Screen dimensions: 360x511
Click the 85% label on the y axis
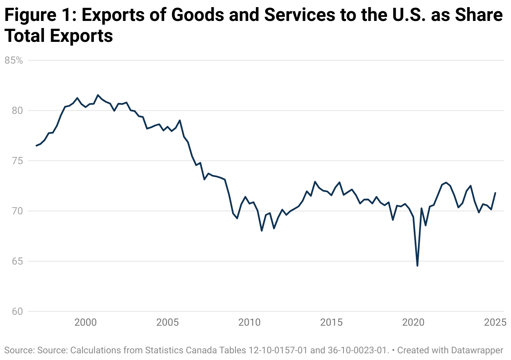pyautogui.click(x=13, y=60)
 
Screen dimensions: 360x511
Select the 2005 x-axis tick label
pyautogui.click(x=168, y=323)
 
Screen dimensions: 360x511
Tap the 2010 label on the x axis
pyautogui.click(x=250, y=323)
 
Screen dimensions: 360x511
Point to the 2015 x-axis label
pyautogui.click(x=331, y=323)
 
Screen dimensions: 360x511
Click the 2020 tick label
pyautogui.click(x=413, y=323)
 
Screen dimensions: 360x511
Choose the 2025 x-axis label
pyautogui.click(x=495, y=323)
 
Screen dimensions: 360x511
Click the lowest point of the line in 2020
pyautogui.click(x=417, y=266)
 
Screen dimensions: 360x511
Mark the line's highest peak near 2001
pyautogui.click(x=98, y=95)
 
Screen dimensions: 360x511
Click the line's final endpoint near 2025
pyautogui.click(x=496, y=193)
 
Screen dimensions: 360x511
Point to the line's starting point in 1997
pyautogui.click(x=36, y=146)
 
